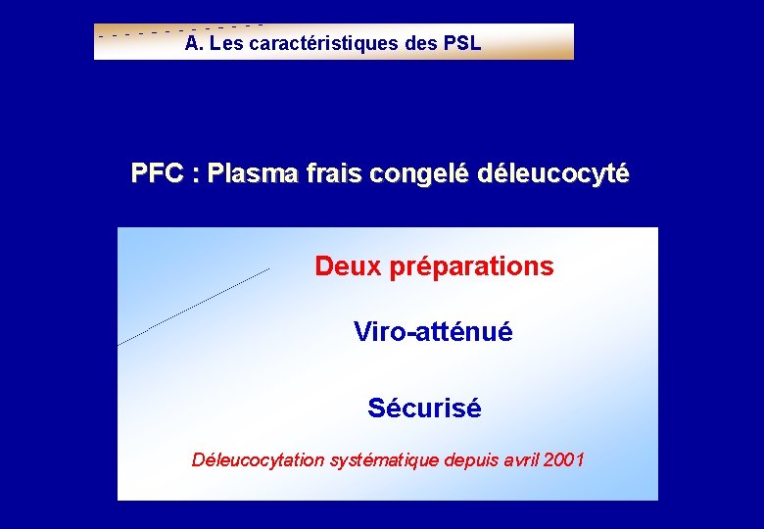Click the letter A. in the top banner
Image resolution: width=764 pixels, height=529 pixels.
193,44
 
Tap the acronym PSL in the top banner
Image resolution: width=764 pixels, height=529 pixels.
461,44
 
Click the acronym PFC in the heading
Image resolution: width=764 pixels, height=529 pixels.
157,174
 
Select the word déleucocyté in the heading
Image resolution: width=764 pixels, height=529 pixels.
553,175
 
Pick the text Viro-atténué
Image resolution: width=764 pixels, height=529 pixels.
432,332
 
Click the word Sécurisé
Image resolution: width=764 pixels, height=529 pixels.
424,408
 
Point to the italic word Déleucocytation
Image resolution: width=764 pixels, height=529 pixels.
257,459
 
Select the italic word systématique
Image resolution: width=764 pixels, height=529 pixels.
383,459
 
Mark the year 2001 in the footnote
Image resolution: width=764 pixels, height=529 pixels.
564,459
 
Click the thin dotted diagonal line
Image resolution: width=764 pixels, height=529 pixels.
194,306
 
